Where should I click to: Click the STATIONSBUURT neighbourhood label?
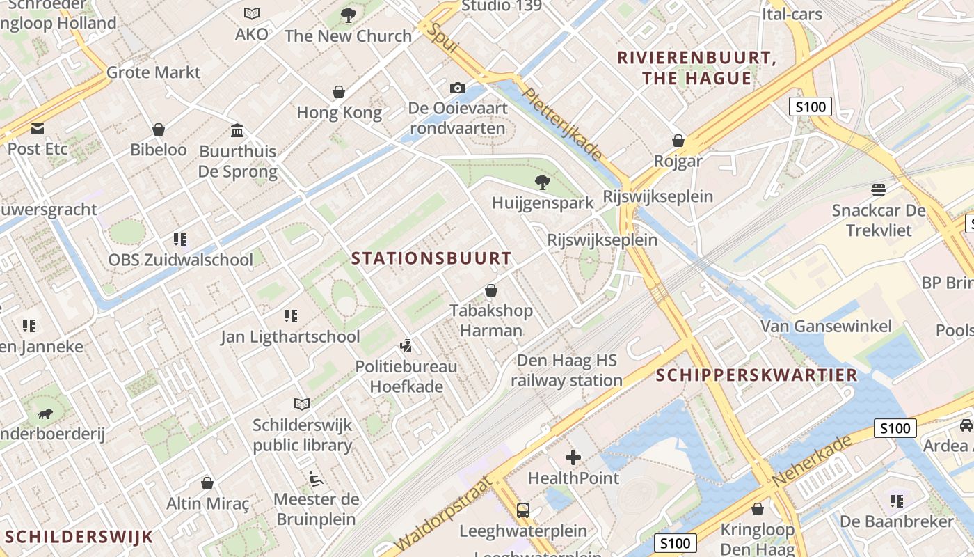pos(431,258)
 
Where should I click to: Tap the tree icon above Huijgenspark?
pos(542,182)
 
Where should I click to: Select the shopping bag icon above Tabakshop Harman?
pos(491,290)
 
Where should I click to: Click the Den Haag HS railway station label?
pos(566,370)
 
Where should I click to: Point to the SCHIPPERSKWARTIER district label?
pos(757,375)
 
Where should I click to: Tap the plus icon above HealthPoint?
pos(573,457)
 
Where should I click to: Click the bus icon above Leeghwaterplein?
pos(523,510)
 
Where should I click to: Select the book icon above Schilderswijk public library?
pos(302,404)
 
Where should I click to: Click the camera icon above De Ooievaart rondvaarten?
pos(457,88)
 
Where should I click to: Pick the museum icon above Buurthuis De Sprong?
pos(237,131)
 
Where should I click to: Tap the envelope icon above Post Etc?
pos(38,129)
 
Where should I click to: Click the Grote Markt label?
pos(153,72)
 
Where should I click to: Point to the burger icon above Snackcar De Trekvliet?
pos(879,190)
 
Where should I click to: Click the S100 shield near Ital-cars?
pos(811,107)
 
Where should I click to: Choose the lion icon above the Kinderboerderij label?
pos(45,414)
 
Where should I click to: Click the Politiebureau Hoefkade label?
pos(406,376)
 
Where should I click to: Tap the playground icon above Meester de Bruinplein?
pos(316,479)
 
